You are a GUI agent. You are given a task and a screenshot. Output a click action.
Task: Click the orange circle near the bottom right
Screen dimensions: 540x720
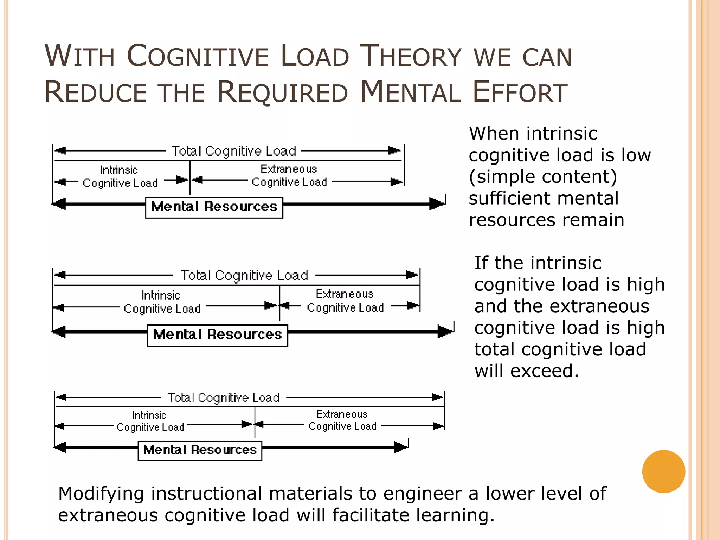(663, 471)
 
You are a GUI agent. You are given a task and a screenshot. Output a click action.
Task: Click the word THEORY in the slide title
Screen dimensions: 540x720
(411, 56)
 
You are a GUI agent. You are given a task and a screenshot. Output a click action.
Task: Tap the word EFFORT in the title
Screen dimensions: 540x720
(520, 92)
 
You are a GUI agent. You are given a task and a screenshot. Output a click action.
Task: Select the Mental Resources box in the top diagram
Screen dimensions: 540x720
(214, 207)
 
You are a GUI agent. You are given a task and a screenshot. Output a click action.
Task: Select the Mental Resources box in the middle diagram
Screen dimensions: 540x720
(217, 335)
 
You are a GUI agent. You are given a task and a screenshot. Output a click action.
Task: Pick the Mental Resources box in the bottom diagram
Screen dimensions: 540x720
(200, 450)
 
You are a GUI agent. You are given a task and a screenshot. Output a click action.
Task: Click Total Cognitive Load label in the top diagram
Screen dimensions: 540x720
(234, 151)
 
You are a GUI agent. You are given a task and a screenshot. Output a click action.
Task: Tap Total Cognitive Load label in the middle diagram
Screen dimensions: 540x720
(244, 275)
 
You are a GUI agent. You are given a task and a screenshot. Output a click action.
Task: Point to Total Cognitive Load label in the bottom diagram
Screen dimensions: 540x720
(224, 398)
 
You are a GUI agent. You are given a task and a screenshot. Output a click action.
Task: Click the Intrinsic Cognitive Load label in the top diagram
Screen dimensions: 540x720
(120, 177)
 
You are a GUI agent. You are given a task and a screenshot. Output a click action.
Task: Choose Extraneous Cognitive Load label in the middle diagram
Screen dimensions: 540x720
(345, 301)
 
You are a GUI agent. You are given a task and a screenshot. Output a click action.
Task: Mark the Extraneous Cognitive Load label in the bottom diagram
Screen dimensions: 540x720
(342, 420)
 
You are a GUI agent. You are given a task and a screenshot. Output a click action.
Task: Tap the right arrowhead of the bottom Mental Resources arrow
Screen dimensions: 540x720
(400, 447)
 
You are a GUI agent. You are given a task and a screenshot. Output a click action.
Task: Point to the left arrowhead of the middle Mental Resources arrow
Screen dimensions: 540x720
(59, 332)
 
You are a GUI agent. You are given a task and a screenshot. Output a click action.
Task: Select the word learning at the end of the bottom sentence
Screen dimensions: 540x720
(452, 515)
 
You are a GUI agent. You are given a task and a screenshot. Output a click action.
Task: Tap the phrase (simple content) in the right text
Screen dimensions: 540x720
(543, 177)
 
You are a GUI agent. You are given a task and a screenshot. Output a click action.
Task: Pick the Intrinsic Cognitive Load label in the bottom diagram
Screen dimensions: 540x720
(150, 422)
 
